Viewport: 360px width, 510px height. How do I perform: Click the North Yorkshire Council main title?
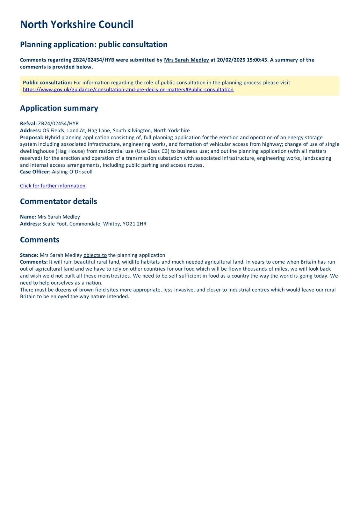click(x=76, y=25)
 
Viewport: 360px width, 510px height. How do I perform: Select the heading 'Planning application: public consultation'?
click(x=94, y=44)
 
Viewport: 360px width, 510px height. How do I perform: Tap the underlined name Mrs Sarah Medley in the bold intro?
click(x=186, y=60)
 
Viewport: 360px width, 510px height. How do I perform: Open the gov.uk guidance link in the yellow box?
click(x=128, y=90)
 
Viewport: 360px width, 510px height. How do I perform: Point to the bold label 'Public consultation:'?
click(x=47, y=83)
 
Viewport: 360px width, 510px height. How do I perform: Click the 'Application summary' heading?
click(x=59, y=108)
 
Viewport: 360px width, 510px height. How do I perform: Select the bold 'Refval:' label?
click(x=28, y=124)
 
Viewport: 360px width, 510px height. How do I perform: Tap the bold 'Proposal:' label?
click(x=32, y=137)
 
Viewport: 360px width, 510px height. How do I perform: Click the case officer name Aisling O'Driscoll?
click(x=72, y=172)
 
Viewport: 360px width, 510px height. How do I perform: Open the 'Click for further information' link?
click(x=53, y=186)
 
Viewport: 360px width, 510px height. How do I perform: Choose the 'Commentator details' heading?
click(x=58, y=201)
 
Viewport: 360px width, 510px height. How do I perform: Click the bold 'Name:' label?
click(x=28, y=217)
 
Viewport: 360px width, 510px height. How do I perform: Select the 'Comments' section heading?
click(x=40, y=240)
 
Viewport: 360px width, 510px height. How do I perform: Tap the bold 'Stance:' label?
click(x=29, y=255)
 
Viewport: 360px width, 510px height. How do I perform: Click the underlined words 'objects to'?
click(x=95, y=255)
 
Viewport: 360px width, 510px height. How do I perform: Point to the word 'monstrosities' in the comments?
click(x=114, y=276)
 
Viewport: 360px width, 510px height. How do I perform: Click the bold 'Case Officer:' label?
click(x=35, y=172)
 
